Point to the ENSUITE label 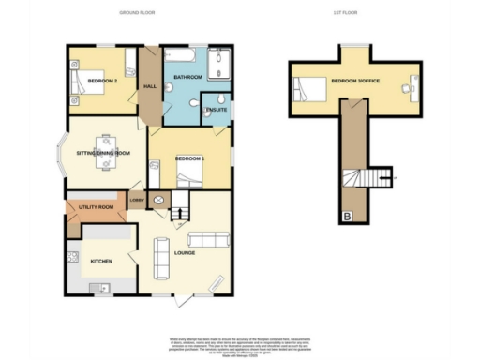pyautogui.click(x=214, y=106)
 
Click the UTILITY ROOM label pyautogui.click(x=96, y=206)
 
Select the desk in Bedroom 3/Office pyautogui.click(x=410, y=90)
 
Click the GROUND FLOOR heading pyautogui.click(x=138, y=13)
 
